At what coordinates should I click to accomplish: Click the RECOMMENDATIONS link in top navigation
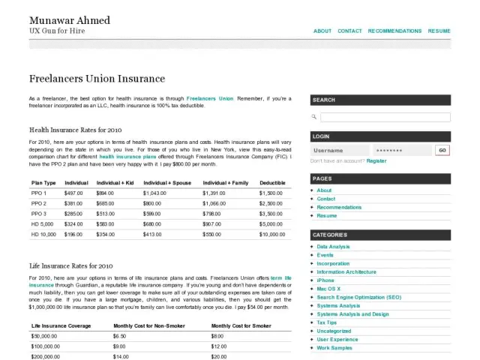394,31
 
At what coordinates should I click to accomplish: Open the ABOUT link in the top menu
322,31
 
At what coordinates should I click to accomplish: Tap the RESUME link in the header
439,31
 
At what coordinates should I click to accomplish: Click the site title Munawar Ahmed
69,19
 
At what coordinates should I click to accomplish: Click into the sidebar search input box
385,117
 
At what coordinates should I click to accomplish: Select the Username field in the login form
340,150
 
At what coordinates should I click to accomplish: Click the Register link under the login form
376,160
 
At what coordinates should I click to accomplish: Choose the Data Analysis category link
333,247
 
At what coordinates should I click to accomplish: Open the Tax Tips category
327,322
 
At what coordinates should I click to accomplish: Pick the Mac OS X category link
328,289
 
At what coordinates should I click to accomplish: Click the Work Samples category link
334,348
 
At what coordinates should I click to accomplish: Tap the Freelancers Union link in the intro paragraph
210,98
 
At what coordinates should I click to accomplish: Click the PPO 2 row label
39,203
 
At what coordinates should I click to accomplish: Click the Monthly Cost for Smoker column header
241,326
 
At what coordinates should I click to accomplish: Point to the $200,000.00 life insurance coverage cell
45,357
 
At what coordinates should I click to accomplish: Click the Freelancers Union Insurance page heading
97,79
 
